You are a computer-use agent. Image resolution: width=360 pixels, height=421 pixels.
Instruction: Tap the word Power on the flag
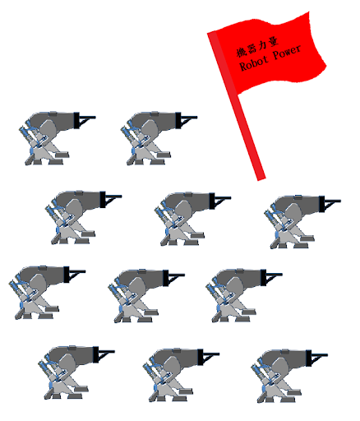point(287,52)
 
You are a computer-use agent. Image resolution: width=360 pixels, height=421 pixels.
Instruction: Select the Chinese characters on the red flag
point(257,47)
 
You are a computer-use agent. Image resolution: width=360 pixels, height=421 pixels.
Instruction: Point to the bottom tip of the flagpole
point(261,179)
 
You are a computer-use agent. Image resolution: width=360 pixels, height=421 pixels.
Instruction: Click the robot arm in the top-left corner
point(57,138)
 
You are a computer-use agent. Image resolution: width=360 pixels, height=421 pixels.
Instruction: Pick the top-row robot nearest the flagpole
point(159,138)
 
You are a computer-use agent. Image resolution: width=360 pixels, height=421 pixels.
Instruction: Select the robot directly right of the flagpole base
point(302,222)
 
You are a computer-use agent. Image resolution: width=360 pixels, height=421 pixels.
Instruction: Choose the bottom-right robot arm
point(289,376)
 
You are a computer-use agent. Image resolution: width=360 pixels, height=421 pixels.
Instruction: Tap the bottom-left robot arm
point(76,372)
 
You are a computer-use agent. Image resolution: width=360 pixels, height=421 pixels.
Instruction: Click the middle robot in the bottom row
point(181,375)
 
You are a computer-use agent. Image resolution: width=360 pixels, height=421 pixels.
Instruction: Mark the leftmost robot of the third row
point(47,292)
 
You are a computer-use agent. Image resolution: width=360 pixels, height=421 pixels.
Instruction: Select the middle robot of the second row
point(193,219)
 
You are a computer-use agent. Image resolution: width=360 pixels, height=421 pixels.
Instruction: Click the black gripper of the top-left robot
point(85,120)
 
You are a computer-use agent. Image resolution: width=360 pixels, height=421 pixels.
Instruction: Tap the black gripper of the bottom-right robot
point(316,358)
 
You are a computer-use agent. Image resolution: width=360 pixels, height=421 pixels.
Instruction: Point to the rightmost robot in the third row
point(244,295)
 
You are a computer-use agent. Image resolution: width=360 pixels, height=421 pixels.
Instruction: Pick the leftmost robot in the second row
point(84,217)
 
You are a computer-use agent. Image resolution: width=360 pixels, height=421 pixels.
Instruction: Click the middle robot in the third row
point(146,296)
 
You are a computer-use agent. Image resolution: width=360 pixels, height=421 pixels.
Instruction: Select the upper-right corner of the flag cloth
point(309,12)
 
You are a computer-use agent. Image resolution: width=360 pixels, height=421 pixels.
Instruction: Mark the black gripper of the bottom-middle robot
point(209,357)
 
